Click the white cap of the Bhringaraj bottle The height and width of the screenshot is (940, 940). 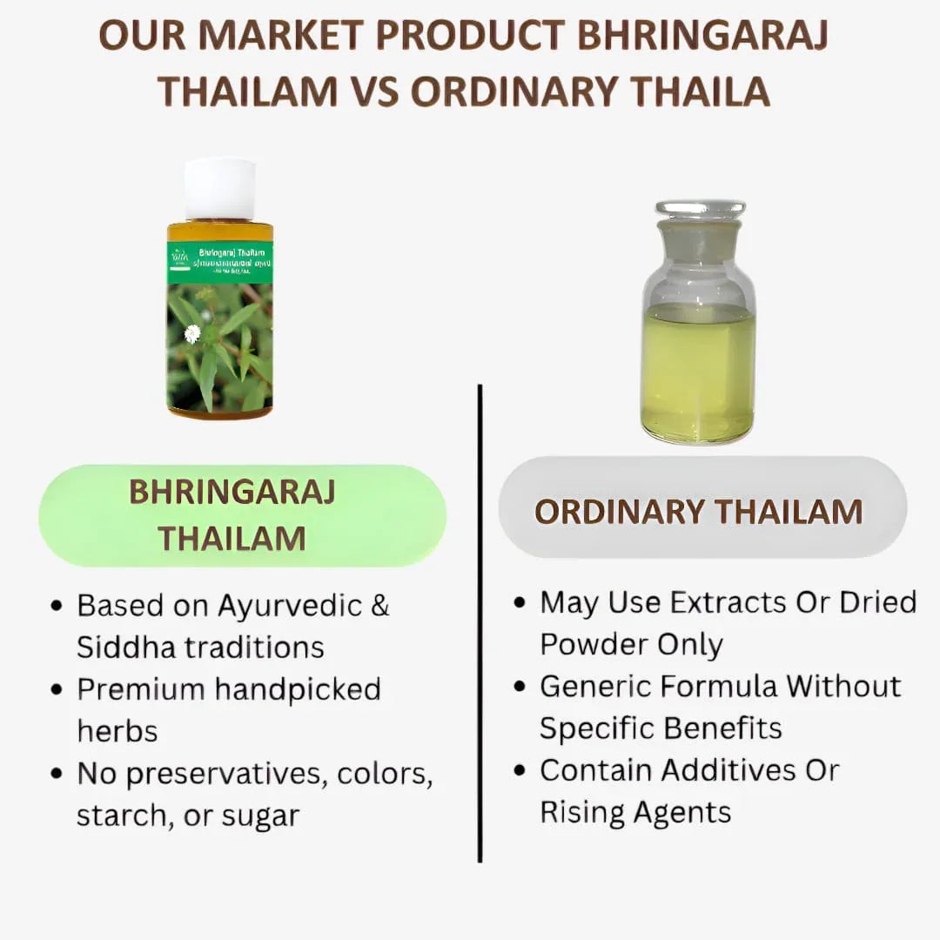219,189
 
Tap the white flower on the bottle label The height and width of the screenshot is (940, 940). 192,333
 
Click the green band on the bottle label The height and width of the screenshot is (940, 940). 219,262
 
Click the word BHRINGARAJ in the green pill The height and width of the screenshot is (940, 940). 232,492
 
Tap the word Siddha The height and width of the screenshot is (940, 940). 120,647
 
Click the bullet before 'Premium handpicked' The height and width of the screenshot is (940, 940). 57,690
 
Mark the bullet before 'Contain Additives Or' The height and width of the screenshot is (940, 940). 520,770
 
